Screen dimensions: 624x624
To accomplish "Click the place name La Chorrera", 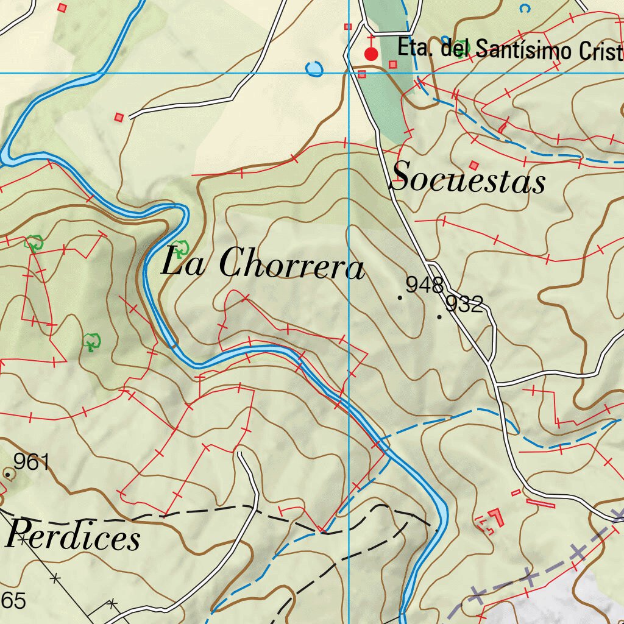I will coord(263,263).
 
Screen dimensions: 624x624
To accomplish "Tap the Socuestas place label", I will coord(468,178).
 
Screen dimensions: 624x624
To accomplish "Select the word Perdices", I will coord(73,536).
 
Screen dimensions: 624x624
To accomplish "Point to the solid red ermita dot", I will coord(370,54).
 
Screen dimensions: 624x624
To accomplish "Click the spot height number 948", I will coord(424,285).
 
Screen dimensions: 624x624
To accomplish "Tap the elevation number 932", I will coord(464,303).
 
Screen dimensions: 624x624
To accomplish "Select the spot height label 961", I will coord(31,463).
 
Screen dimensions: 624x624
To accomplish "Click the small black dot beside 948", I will coord(400,297).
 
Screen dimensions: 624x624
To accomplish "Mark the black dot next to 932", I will coord(439,317).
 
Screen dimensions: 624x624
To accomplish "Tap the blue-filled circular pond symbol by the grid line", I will coord(314,69).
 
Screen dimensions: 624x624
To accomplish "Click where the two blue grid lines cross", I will coord(349,73).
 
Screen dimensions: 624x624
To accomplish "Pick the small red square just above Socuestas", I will coord(475,165).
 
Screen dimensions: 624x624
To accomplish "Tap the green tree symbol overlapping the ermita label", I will coord(466,47).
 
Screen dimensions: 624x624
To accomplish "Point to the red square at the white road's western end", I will coord(119,116).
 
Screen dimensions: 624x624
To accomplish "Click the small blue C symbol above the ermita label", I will coord(524,8).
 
